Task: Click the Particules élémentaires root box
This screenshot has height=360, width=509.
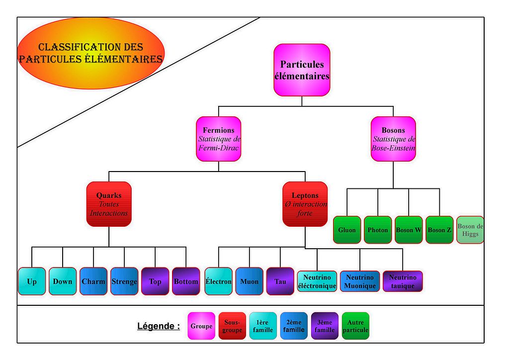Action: click(x=302, y=70)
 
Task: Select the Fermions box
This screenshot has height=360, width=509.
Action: click(x=219, y=139)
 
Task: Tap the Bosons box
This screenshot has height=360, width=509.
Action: click(x=393, y=139)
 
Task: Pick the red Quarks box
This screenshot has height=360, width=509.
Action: click(x=109, y=204)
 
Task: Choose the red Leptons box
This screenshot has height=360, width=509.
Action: click(x=305, y=204)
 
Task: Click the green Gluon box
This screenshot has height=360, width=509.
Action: click(x=346, y=230)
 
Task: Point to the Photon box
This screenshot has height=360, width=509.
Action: click(x=378, y=230)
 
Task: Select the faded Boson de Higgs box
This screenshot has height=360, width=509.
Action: click(x=470, y=230)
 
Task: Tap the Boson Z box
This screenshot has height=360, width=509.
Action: click(x=439, y=230)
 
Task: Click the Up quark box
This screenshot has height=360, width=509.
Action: click(x=32, y=281)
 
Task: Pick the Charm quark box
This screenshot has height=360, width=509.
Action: click(x=93, y=281)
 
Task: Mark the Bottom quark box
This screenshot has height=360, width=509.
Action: click(x=186, y=281)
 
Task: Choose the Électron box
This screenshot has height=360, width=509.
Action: click(x=219, y=281)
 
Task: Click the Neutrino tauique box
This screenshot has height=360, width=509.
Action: click(x=403, y=281)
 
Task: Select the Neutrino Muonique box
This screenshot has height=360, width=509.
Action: click(x=360, y=281)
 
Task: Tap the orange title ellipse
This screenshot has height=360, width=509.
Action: click(x=91, y=53)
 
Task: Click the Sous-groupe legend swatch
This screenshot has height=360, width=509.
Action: click(x=232, y=326)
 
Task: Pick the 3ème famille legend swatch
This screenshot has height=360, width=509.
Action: click(x=325, y=326)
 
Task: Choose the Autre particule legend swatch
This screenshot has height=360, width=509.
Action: click(x=355, y=326)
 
